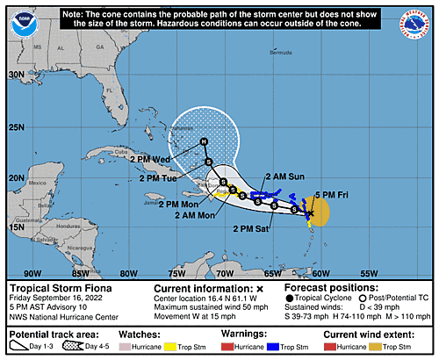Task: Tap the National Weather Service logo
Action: point(419,22)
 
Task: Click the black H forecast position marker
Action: point(204,141)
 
